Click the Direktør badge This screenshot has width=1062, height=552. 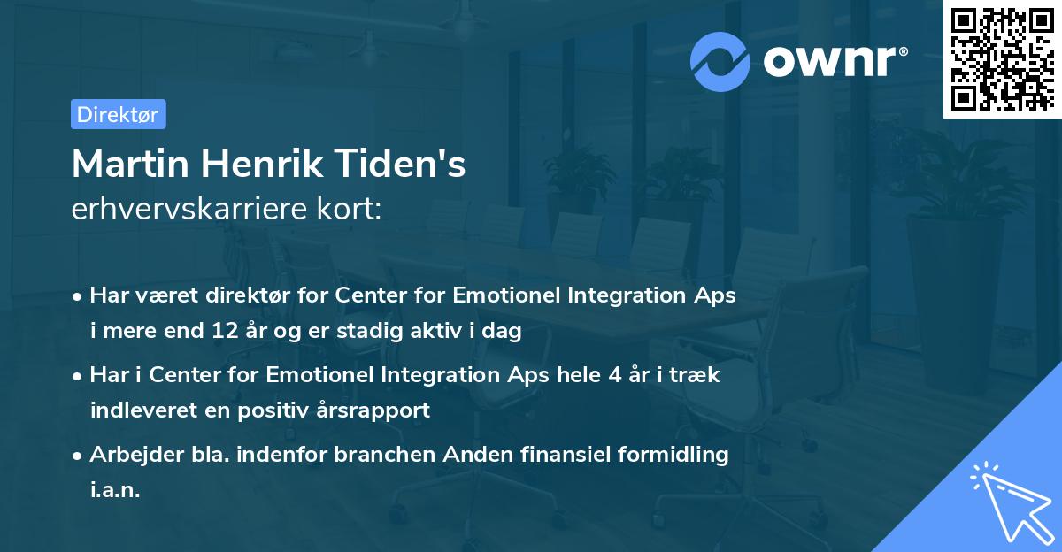pos(118,114)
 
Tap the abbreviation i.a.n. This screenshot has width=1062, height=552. pos(115,489)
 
